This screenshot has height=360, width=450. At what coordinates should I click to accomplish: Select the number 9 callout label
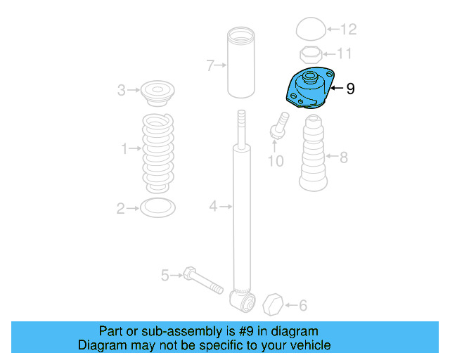pos(350,89)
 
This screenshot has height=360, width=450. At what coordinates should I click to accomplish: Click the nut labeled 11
pos(310,53)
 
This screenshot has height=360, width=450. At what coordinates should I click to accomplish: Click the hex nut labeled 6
pos(273,305)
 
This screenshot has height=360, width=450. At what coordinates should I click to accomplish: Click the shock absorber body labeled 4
pos(242,211)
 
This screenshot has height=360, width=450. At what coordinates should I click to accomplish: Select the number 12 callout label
pos(348,30)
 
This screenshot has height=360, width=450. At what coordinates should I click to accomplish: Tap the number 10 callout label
pos(276,161)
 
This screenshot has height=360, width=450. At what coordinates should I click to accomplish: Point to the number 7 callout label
pos(210,65)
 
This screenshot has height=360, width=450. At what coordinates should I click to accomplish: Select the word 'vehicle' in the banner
pos(309,345)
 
